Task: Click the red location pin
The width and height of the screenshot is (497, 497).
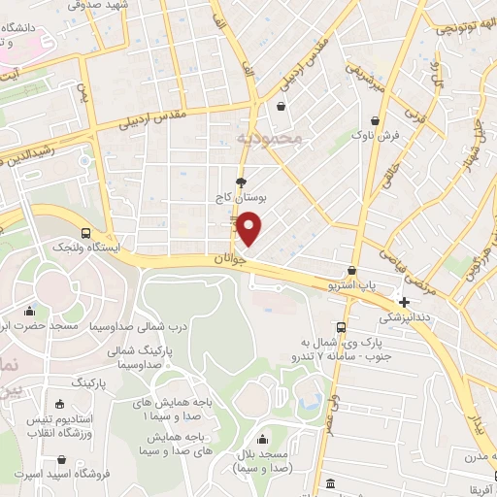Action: pyautogui.click(x=251, y=227)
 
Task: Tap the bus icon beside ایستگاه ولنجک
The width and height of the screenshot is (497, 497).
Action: pyautogui.click(x=86, y=233)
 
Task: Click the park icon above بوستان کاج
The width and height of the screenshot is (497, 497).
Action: pyautogui.click(x=241, y=182)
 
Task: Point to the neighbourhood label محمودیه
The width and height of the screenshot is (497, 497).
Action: pyautogui.click(x=269, y=140)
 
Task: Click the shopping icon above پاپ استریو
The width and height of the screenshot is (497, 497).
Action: pyautogui.click(x=350, y=271)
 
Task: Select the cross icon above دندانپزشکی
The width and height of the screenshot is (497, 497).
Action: pyautogui.click(x=404, y=302)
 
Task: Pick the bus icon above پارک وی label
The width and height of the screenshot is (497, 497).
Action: pyautogui.click(x=341, y=327)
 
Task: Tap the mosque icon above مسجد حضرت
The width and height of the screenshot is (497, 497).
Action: pyautogui.click(x=30, y=312)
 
